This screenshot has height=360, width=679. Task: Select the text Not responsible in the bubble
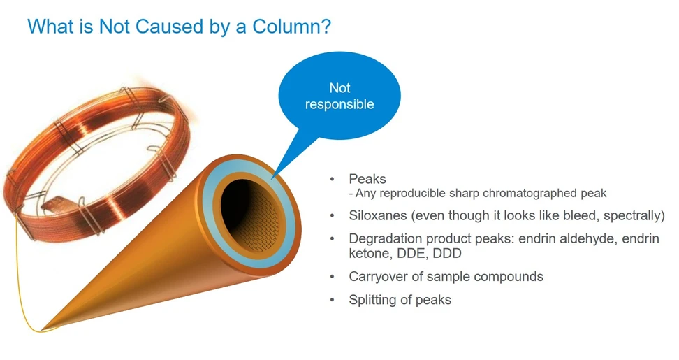[x=339, y=96]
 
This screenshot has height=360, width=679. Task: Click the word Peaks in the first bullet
[x=367, y=179]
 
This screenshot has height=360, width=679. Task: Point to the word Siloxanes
[x=377, y=215]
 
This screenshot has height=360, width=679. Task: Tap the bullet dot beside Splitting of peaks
[x=332, y=300]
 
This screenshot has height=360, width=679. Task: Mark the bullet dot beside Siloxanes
[x=332, y=215]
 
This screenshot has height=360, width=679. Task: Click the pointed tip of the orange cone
[x=42, y=331]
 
